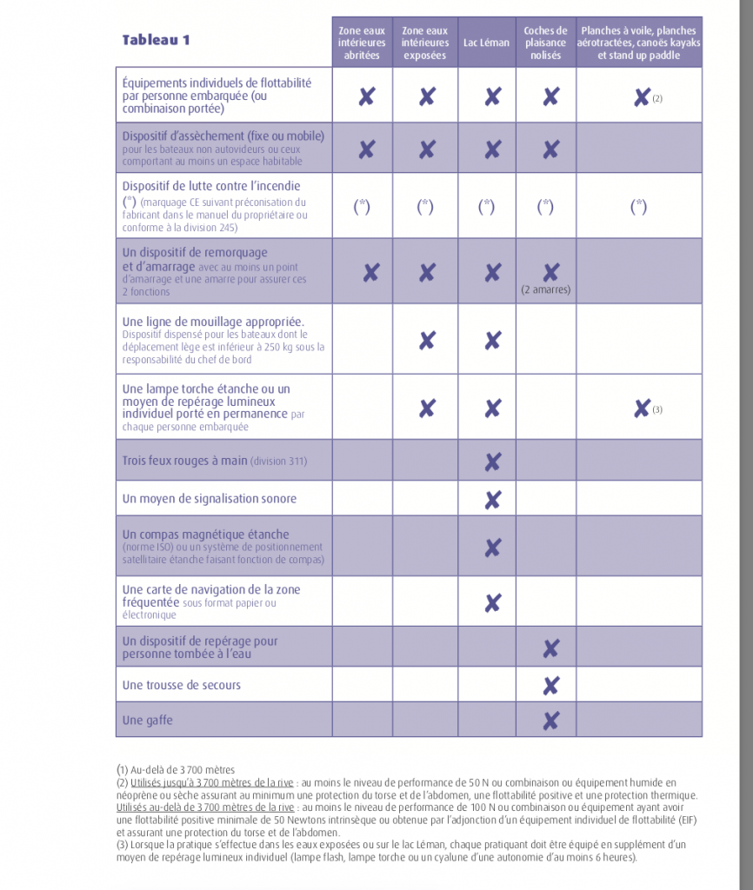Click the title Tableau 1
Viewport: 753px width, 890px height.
156,40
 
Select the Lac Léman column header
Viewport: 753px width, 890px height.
487,43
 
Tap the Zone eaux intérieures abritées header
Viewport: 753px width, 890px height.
362,43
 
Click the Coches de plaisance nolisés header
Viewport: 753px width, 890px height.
545,43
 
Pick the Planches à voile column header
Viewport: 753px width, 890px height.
638,43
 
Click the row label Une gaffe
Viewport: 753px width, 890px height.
143,720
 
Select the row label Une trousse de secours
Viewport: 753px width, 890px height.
181,685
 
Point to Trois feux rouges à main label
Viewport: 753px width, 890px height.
214,461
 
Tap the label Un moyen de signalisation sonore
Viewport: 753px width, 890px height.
209,499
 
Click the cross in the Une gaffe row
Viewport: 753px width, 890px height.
550,720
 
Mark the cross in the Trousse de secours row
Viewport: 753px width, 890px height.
550,686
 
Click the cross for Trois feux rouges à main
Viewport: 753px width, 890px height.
492,462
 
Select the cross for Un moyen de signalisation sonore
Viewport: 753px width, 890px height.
492,500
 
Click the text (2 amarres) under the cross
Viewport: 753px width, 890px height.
546,289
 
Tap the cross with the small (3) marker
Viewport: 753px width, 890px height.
642,408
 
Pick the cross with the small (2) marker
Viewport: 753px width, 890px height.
642,96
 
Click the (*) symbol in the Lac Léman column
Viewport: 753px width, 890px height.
487,206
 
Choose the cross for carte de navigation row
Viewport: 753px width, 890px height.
492,602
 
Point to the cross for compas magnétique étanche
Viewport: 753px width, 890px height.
492,548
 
